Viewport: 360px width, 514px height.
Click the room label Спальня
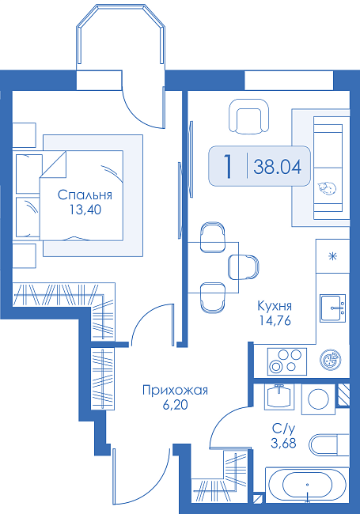[x=85, y=195]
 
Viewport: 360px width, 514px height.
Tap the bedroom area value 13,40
[x=85, y=210]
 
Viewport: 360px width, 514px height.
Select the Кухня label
[x=275, y=306]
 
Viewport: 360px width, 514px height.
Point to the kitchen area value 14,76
[x=275, y=320]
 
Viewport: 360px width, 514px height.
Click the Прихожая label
[x=175, y=391]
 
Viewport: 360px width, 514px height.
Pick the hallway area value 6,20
[x=175, y=405]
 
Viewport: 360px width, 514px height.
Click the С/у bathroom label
[x=284, y=429]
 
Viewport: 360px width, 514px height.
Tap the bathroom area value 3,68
[x=283, y=443]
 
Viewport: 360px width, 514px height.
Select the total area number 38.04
[x=278, y=167]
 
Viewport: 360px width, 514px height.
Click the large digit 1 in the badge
[x=228, y=167]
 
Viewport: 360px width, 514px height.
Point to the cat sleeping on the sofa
[x=326, y=188]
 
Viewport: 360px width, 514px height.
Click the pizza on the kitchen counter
[x=330, y=360]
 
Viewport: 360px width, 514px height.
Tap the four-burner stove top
[x=287, y=361]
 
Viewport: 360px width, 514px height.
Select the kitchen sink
[x=333, y=308]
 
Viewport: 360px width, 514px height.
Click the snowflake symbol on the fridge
[x=333, y=256]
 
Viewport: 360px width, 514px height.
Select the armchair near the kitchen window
[x=248, y=116]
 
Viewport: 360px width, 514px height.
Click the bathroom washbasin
[x=279, y=396]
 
